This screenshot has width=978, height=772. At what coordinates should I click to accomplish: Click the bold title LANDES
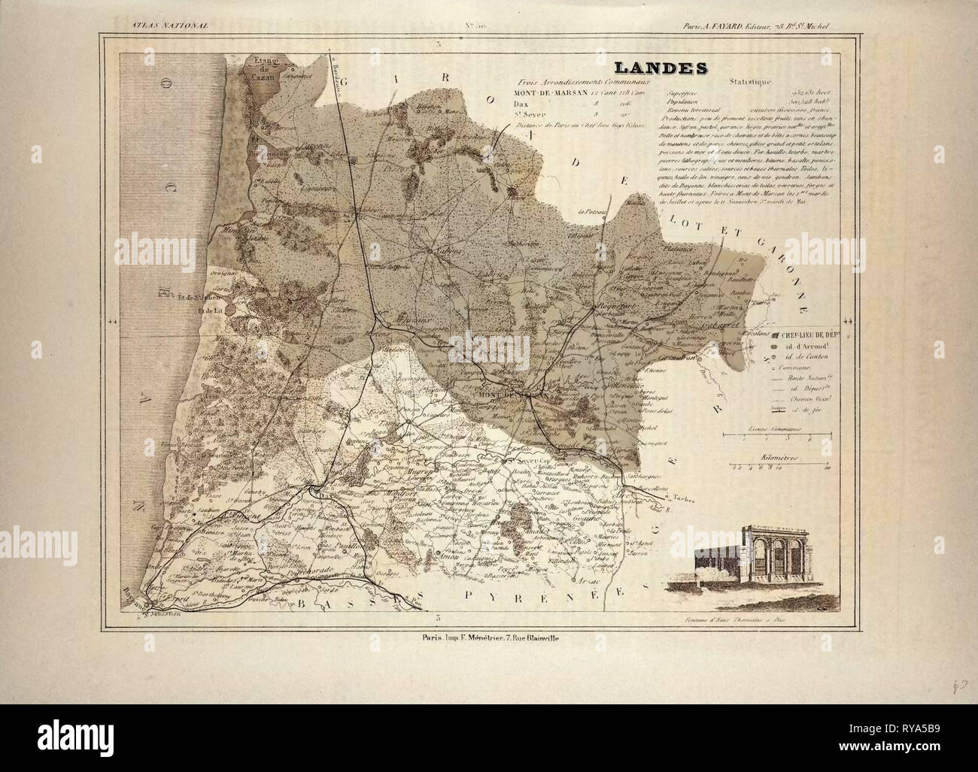click(x=662, y=68)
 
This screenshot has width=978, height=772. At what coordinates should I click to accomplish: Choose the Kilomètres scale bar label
click(x=779, y=456)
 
